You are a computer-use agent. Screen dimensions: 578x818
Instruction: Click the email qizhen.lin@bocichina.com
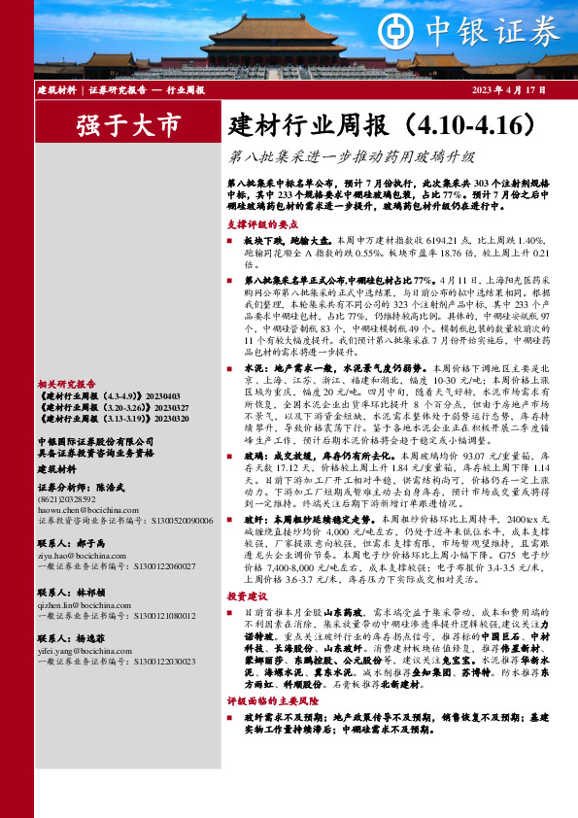click(79, 602)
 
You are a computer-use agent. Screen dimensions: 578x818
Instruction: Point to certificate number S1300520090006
click(175, 521)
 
